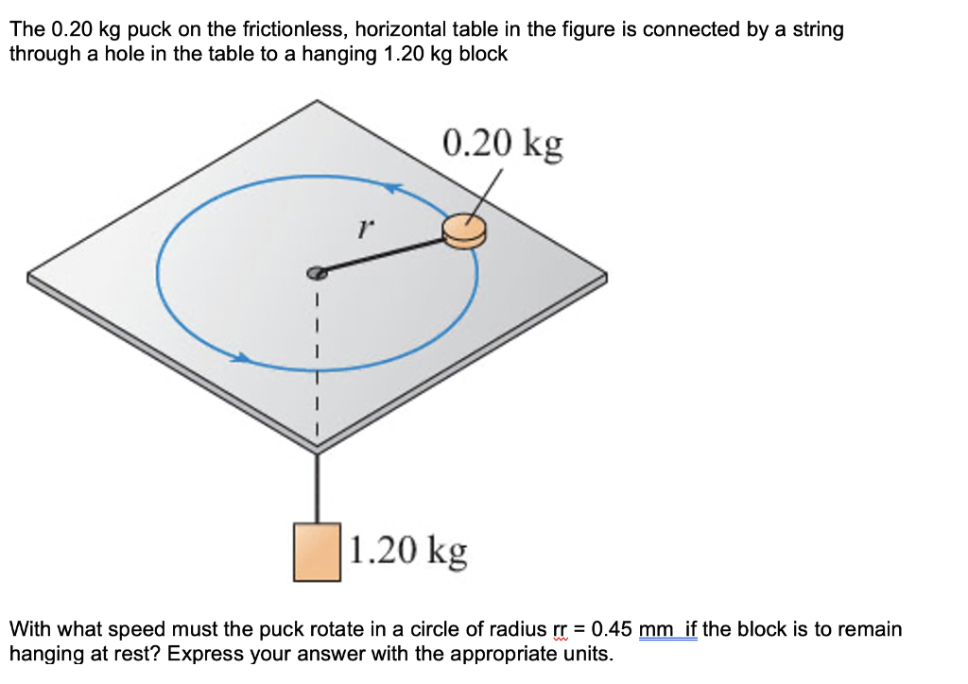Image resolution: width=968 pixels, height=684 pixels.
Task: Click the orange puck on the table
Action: tap(464, 231)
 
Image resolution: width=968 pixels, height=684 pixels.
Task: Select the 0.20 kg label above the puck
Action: tap(502, 143)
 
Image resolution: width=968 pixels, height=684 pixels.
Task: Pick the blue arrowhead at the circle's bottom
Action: tap(244, 358)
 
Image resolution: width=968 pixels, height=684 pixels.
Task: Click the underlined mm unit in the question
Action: tap(655, 629)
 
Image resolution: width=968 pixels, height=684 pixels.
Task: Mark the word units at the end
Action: tap(587, 654)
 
